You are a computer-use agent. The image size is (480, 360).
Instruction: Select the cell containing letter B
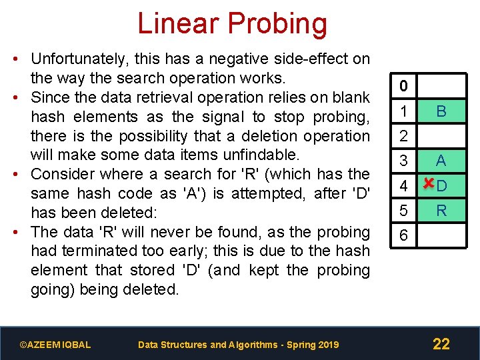click(x=441, y=111)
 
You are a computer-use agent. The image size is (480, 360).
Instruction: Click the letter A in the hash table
click(x=441, y=161)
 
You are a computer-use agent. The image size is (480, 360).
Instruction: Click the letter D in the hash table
click(x=442, y=186)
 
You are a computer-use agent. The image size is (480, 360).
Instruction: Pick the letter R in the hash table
click(x=441, y=211)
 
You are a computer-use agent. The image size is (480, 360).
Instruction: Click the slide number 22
click(x=441, y=344)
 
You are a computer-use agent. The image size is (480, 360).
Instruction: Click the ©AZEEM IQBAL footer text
click(x=55, y=345)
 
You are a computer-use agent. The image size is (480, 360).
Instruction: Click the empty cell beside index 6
click(x=441, y=236)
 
